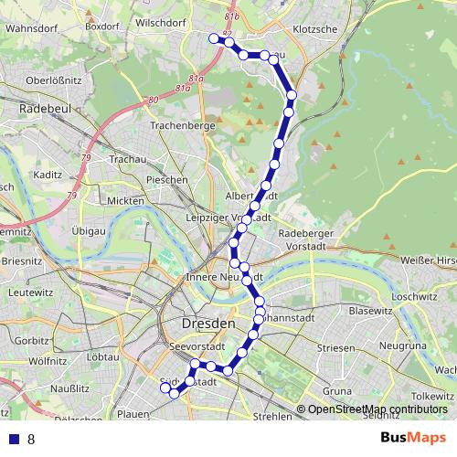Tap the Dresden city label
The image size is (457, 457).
tap(208, 324)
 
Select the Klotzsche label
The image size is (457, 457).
tap(314, 29)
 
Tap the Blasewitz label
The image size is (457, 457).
tap(370, 311)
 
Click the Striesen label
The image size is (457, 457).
tap(335, 348)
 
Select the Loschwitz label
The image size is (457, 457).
tap(416, 297)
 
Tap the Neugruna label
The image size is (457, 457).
tap(402, 347)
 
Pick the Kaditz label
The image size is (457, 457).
tap(46, 174)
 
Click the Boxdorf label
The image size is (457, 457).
tap(103, 27)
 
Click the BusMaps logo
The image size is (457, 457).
tap(414, 439)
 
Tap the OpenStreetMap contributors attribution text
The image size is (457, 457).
tap(377, 410)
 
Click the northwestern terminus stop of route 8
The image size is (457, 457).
tap(213, 37)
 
